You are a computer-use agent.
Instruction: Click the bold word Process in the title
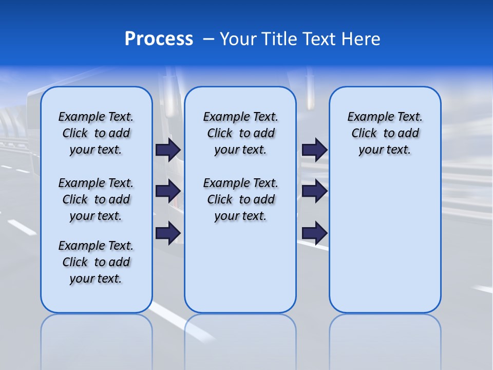(x=159, y=39)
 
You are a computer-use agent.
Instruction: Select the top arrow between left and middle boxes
(x=167, y=150)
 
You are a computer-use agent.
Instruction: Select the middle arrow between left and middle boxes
(x=167, y=191)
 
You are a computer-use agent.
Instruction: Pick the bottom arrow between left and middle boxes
(x=167, y=233)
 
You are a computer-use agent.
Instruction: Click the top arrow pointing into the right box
(x=314, y=150)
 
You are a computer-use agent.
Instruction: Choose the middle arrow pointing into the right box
(x=314, y=191)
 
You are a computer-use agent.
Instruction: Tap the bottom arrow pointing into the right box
(x=314, y=233)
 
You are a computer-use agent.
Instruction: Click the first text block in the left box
(x=96, y=133)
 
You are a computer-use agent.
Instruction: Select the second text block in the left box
(x=96, y=199)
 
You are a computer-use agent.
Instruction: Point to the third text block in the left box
(x=96, y=262)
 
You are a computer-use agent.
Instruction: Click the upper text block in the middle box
(x=240, y=133)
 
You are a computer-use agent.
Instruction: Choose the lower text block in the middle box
(x=240, y=199)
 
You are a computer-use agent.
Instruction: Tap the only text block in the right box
(x=385, y=133)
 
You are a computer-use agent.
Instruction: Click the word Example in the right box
(x=366, y=117)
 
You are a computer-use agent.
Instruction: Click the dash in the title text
(x=208, y=39)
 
